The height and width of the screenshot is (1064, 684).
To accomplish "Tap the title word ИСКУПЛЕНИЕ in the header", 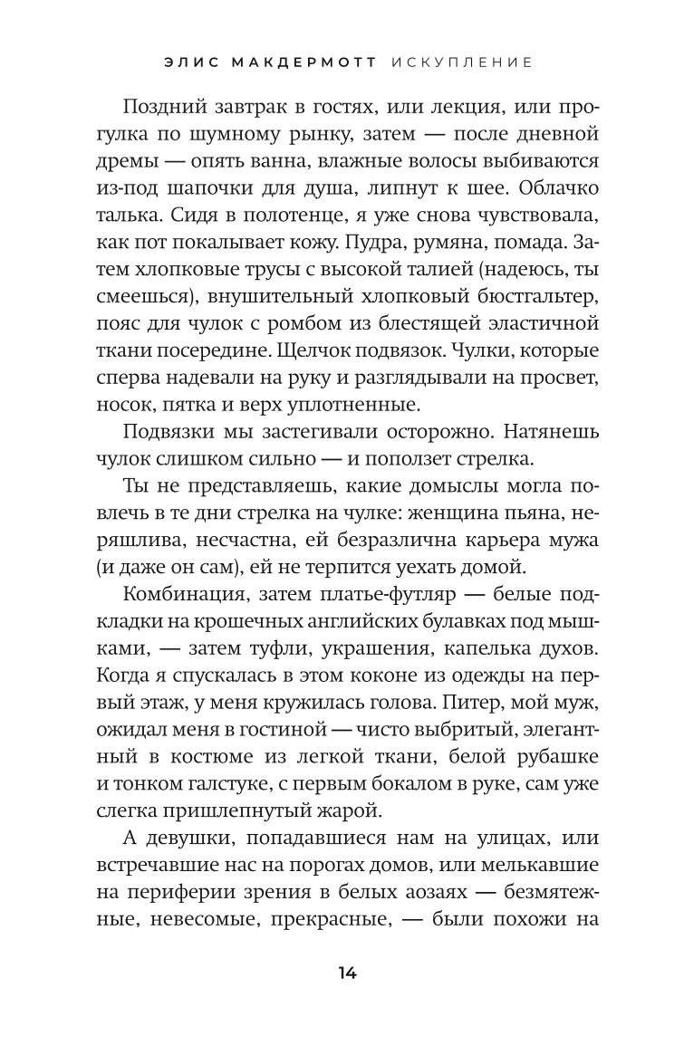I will tap(463, 62).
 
